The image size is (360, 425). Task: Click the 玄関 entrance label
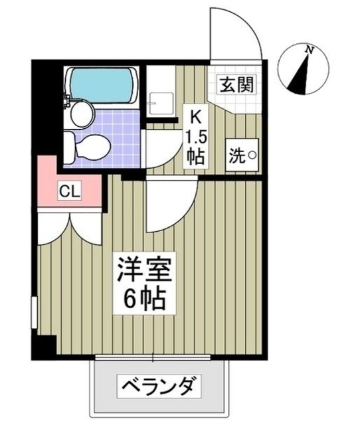click(x=237, y=85)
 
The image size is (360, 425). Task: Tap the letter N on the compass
click(x=309, y=49)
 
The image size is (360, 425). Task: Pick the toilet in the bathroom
click(x=88, y=143)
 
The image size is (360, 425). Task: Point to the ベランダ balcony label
click(x=159, y=385)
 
